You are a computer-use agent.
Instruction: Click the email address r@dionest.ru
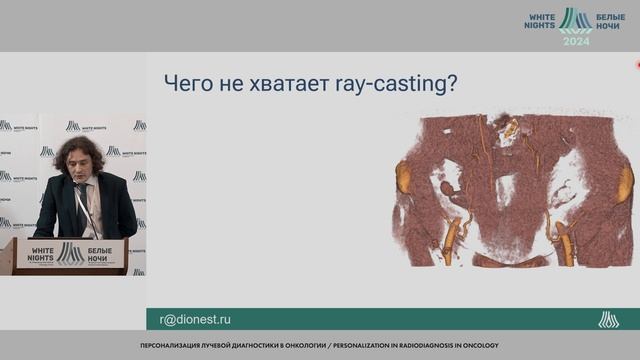coord(195,319)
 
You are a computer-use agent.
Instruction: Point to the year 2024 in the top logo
coord(576,41)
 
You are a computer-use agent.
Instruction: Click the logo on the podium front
coord(70,254)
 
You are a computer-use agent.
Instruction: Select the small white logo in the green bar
coord(608,319)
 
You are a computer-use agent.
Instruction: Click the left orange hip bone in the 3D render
coord(404,177)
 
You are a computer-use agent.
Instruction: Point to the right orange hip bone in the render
coord(626,182)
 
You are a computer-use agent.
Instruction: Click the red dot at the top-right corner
coord(637,64)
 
